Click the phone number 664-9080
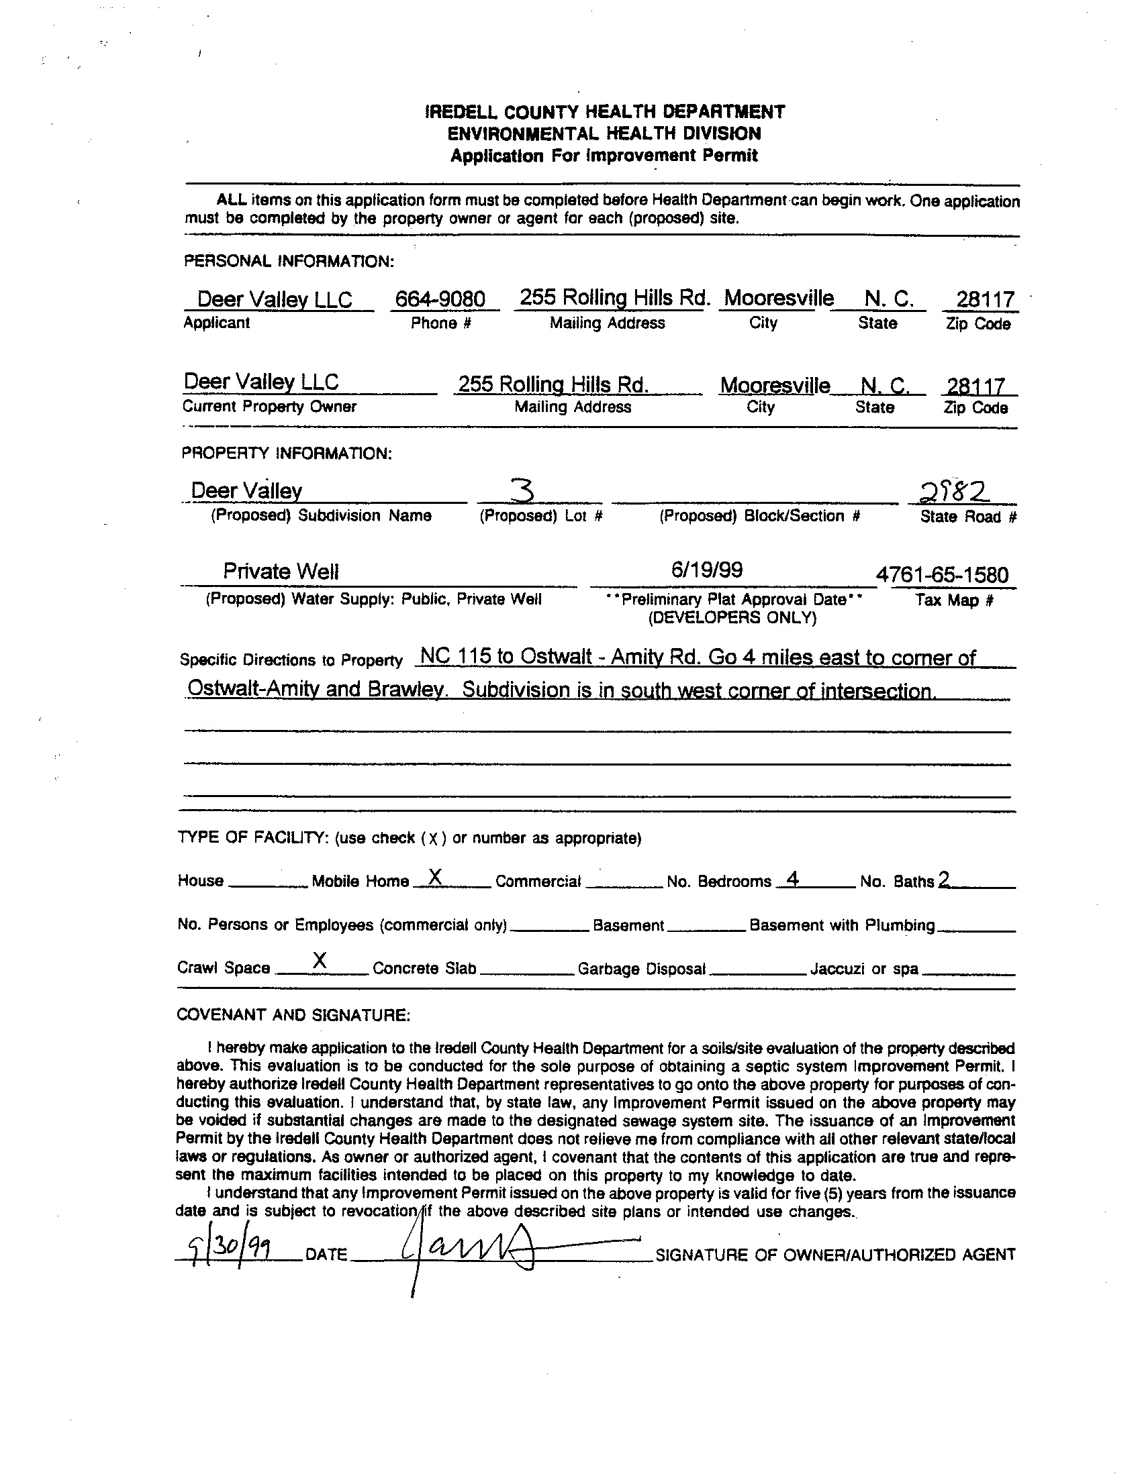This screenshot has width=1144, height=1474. point(440,299)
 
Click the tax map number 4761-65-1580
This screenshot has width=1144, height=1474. point(942,575)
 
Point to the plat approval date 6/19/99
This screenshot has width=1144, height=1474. point(707,570)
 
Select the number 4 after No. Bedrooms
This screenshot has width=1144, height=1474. point(794,879)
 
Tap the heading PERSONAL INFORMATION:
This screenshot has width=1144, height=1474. point(289,261)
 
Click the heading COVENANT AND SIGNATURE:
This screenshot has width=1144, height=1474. point(293,1015)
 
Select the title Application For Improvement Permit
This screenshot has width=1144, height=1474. point(604,156)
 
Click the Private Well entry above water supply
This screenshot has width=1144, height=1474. point(281,572)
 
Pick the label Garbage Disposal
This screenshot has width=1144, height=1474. point(642,969)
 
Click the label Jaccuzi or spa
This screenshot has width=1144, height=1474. point(865,969)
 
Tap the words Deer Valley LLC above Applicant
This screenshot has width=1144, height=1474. point(274,299)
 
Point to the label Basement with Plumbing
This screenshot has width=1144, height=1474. point(842,925)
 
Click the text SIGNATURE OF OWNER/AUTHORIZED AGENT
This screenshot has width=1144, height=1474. point(835,1255)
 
